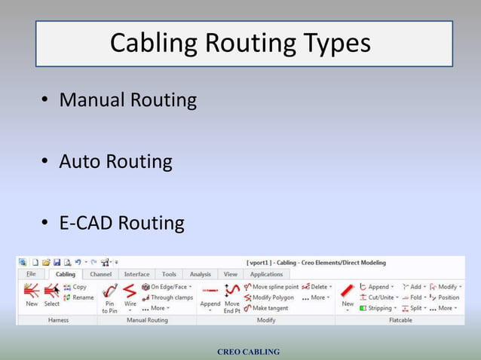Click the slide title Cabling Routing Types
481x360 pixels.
point(240,43)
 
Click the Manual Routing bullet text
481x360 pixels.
point(128,100)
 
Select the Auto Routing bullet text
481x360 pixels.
point(115,162)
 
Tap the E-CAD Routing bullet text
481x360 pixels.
point(121,224)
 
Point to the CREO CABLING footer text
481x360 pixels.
point(248,352)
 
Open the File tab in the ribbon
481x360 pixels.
point(31,274)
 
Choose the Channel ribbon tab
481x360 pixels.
point(100,274)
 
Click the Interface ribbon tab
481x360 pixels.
point(136,274)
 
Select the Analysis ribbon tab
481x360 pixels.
point(200,274)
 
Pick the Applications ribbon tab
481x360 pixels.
point(266,274)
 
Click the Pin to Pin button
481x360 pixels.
point(110,297)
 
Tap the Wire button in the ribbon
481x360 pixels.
point(130,295)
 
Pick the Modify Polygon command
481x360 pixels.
point(269,297)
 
